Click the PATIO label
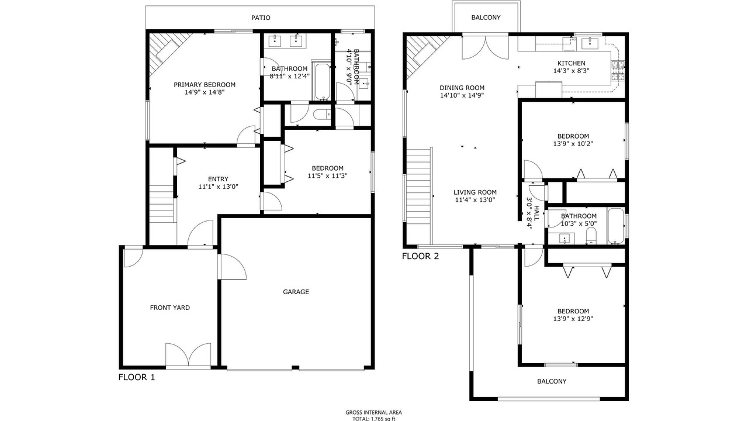(x=261, y=18)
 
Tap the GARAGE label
(x=296, y=292)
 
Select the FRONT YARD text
(x=169, y=308)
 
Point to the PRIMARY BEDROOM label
(x=205, y=85)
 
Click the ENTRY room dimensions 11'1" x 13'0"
(x=218, y=187)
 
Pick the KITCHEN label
(x=572, y=63)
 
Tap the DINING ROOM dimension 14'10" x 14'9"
(x=462, y=95)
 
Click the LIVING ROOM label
(x=475, y=192)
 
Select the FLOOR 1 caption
(x=137, y=377)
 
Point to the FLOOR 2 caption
(x=420, y=256)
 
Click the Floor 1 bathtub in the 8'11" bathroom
(x=321, y=80)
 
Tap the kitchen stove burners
(x=618, y=71)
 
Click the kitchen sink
(x=590, y=43)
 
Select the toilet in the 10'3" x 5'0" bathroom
(x=591, y=236)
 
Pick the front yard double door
(x=188, y=355)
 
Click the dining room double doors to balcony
(x=485, y=47)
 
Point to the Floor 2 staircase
(x=418, y=196)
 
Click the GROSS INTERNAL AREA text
(x=373, y=413)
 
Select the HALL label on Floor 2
(x=536, y=213)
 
